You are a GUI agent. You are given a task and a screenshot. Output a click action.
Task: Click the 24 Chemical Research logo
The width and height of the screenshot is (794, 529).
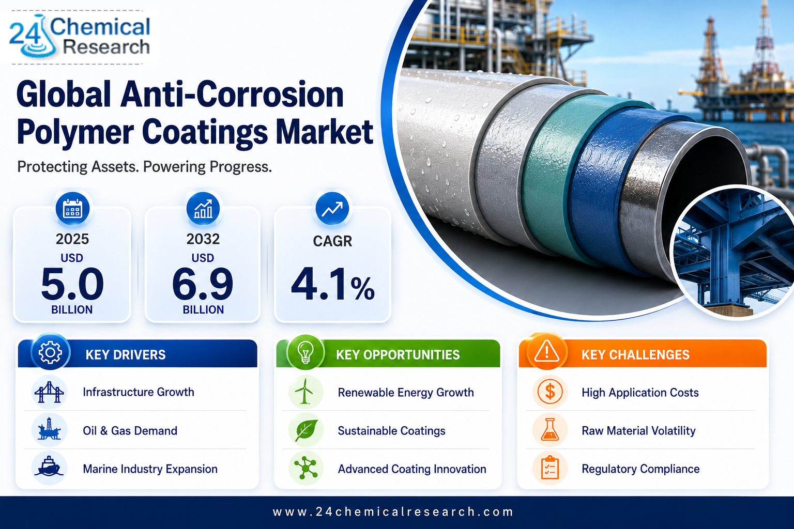[80, 37]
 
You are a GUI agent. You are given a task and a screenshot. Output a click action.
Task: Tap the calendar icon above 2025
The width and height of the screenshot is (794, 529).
[72, 209]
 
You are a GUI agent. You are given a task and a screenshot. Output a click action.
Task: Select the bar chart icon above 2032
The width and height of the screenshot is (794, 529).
[203, 209]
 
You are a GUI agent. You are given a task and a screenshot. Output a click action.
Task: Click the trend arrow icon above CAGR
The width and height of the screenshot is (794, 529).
[332, 209]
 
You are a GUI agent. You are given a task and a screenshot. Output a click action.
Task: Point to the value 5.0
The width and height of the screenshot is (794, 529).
[72, 284]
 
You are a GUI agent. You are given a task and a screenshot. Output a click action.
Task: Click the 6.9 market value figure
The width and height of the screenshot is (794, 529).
[203, 284]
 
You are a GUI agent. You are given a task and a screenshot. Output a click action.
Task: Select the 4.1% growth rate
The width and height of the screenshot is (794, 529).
[332, 285]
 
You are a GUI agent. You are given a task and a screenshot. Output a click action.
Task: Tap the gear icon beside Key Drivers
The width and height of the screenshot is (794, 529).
[50, 353]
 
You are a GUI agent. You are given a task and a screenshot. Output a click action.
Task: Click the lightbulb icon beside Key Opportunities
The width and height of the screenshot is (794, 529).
[306, 353]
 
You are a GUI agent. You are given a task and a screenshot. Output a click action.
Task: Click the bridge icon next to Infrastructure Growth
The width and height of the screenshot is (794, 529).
[49, 392]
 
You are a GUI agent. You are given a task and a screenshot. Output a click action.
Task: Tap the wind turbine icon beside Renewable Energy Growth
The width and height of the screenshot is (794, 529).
[306, 392]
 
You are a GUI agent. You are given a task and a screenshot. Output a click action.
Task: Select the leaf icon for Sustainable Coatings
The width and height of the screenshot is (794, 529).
[306, 430]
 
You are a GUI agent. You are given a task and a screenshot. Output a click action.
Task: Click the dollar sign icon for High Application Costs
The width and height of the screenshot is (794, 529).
[550, 392]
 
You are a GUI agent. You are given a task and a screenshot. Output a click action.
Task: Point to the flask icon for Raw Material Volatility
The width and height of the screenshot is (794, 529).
[550, 430]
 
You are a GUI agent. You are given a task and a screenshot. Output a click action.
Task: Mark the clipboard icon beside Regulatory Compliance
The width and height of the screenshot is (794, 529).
[550, 468]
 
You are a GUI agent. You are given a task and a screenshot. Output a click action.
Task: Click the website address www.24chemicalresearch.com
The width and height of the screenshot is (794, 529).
[393, 512]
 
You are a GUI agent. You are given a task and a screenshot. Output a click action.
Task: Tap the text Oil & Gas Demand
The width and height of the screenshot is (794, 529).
[130, 431]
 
